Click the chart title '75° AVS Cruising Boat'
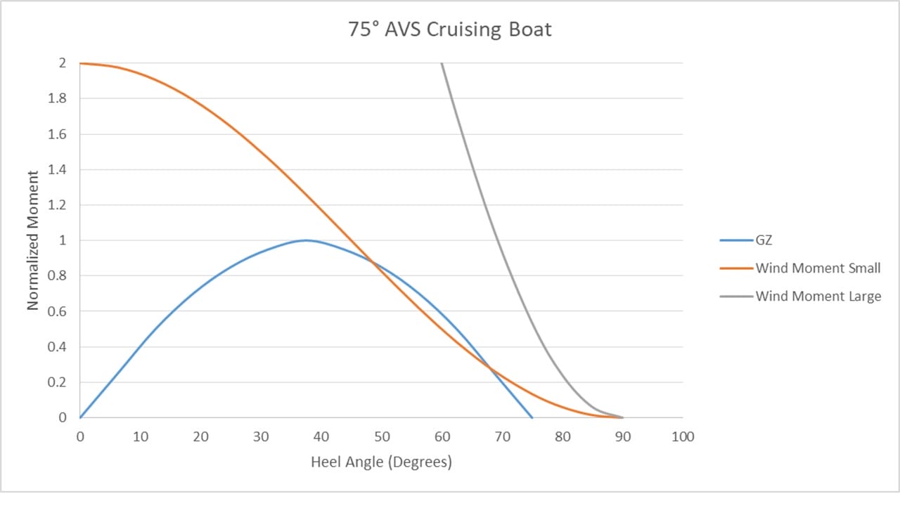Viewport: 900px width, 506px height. [450, 30]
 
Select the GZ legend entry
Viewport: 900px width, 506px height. [764, 240]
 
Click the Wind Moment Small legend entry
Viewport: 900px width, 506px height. [818, 268]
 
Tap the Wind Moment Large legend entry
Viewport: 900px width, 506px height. [818, 296]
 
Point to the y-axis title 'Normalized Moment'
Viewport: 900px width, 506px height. [33, 240]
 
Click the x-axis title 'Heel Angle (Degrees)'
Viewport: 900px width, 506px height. [381, 462]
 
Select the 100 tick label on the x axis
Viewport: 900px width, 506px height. [682, 436]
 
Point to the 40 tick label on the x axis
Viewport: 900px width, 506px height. [321, 436]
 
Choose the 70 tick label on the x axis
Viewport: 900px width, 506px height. [502, 436]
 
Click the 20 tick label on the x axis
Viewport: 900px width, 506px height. [200, 436]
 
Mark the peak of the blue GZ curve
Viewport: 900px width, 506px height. [306, 240]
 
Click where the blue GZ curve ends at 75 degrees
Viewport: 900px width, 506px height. [532, 417]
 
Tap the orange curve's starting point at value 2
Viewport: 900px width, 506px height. [81, 63]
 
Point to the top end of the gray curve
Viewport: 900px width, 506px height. [442, 63]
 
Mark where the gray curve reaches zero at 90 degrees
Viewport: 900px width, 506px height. [622, 417]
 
